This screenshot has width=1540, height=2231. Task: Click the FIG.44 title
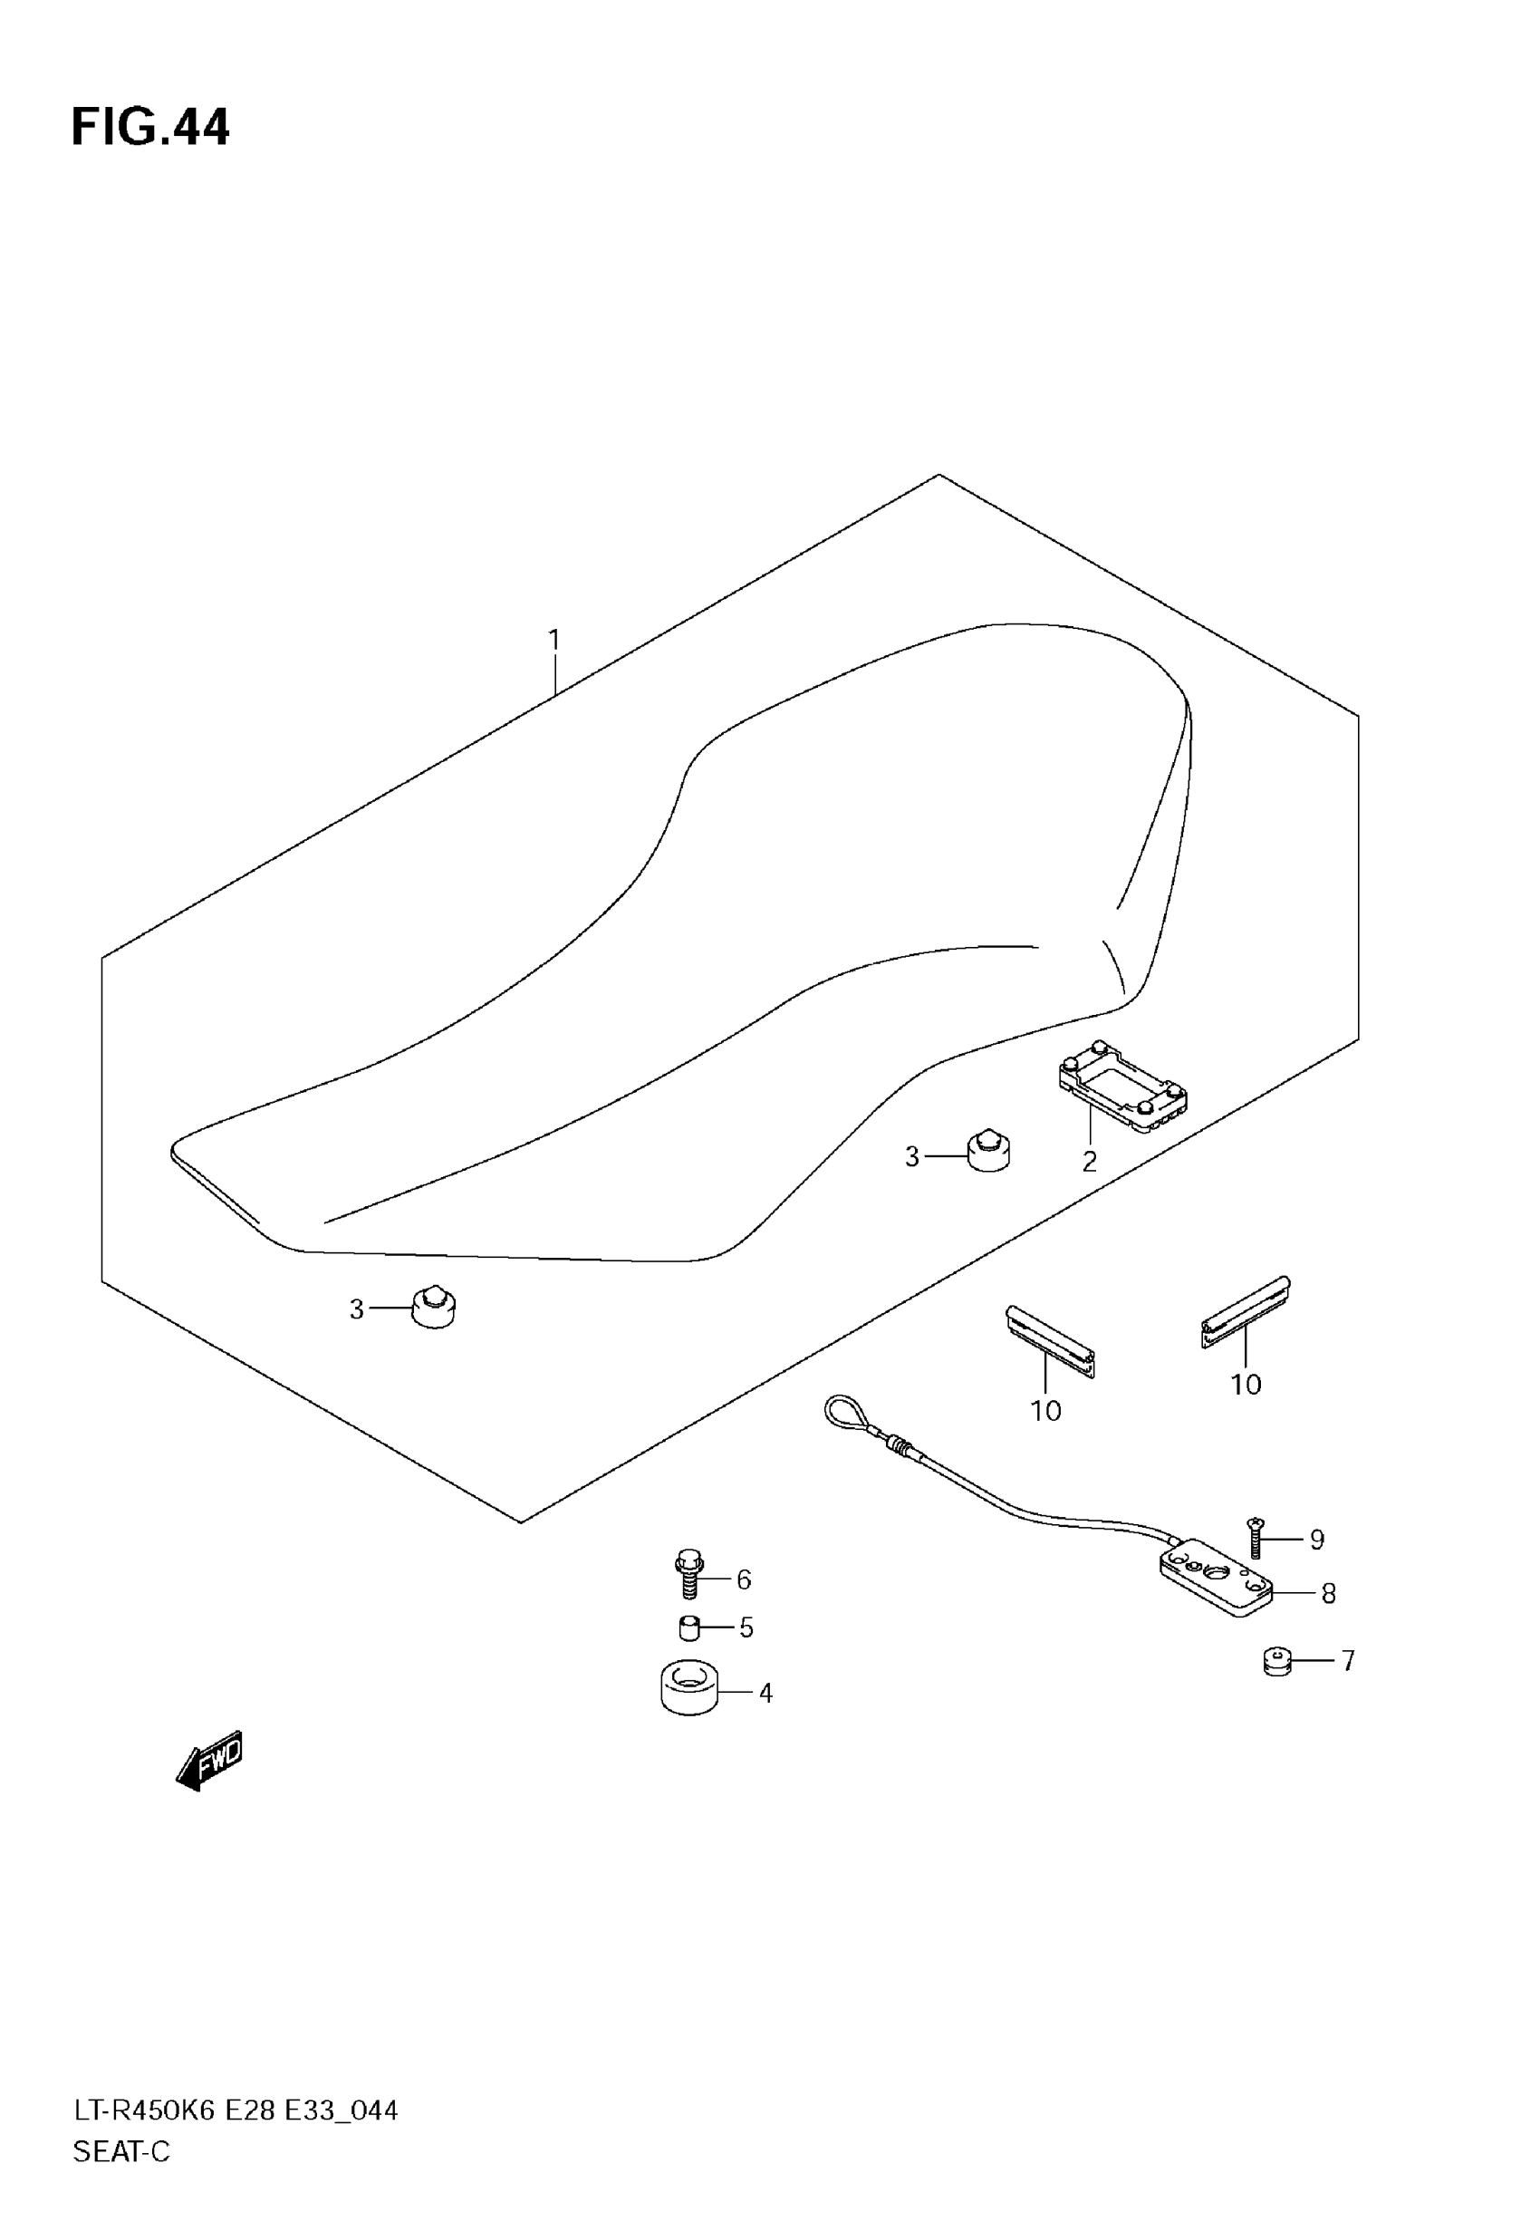(x=150, y=128)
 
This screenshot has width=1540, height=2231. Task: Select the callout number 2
(x=1090, y=1162)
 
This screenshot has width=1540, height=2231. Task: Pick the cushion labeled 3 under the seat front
(x=433, y=1308)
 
